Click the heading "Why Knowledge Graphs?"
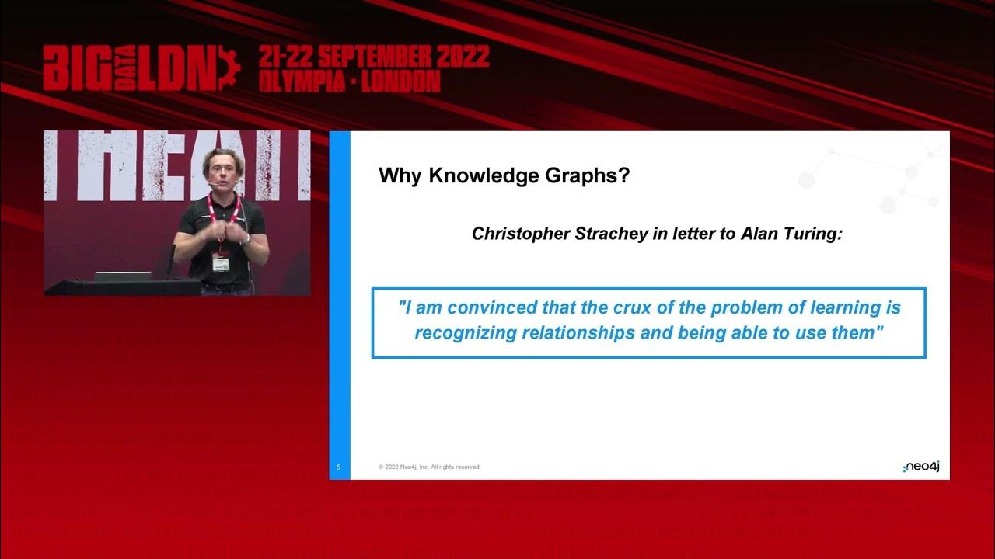click(x=504, y=175)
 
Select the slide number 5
click(x=339, y=467)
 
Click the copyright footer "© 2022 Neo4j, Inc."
click(x=430, y=467)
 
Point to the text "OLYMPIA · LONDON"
click(x=350, y=81)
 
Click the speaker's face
click(x=223, y=172)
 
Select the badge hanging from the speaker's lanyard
click(x=221, y=262)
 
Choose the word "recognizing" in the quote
click(x=465, y=333)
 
